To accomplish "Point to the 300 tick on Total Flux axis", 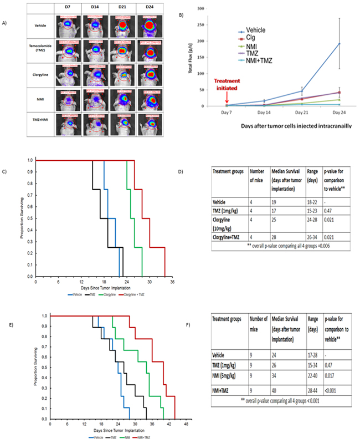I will (x=198, y=9).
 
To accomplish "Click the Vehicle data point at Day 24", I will (x=338, y=44).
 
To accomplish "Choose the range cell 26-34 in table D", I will (x=307, y=237).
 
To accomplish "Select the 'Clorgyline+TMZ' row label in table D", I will (x=232, y=237).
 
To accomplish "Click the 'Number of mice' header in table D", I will (x=256, y=176).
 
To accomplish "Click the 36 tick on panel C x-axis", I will (x=172, y=283).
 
